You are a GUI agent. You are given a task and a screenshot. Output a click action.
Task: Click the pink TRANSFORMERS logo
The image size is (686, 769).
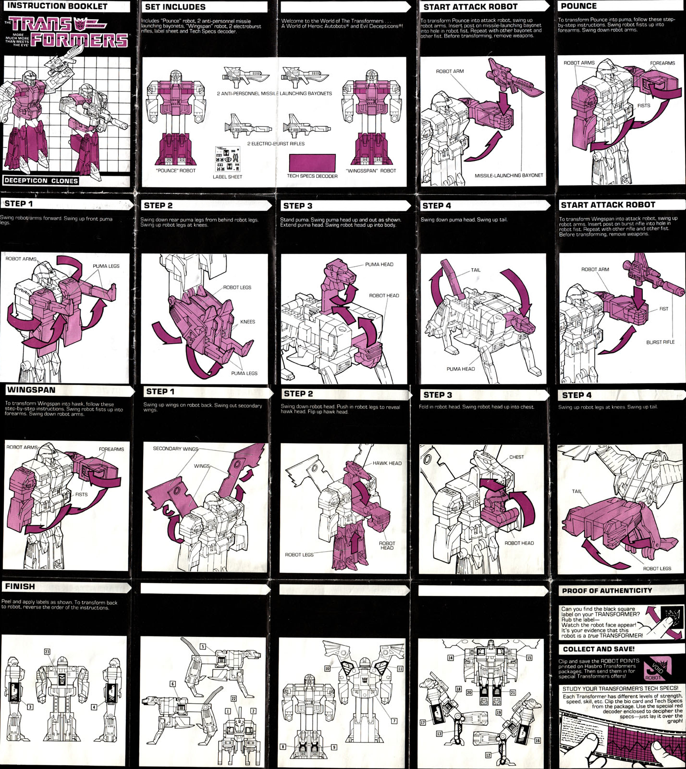(70, 33)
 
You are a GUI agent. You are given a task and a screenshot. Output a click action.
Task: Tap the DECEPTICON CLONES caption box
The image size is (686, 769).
(41, 181)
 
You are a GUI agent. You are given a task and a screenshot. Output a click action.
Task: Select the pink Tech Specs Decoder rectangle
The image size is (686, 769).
(312, 162)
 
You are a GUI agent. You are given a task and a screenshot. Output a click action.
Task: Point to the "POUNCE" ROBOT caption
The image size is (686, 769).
(176, 171)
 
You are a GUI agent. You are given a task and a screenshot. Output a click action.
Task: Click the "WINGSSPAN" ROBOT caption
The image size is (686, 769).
(371, 171)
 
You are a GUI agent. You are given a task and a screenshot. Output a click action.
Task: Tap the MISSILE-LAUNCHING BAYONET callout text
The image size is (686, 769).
(509, 175)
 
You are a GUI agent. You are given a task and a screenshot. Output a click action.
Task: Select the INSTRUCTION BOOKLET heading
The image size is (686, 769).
(57, 6)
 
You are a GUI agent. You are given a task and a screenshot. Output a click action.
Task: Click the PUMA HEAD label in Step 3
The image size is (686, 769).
(379, 264)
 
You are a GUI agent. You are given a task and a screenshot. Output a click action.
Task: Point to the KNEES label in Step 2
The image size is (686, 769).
(247, 322)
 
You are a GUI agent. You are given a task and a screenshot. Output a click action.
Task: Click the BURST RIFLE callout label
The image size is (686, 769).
(660, 342)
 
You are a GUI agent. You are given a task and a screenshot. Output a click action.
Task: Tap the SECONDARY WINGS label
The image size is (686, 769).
(175, 448)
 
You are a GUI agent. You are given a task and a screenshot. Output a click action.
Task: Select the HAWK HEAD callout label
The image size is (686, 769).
(387, 463)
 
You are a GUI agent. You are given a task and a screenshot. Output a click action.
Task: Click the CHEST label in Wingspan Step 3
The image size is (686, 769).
(516, 457)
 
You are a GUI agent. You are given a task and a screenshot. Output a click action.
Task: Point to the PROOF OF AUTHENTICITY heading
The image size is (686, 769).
(607, 590)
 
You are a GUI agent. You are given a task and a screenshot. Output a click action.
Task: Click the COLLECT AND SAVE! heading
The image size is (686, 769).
(599, 649)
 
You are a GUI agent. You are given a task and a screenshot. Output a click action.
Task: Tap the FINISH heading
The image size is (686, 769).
(20, 586)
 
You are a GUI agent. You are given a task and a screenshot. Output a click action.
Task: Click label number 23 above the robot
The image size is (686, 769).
(47, 652)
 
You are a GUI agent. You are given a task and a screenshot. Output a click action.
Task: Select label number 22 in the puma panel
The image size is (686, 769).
(233, 698)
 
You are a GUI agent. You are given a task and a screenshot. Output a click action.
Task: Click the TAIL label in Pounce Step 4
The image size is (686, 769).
(476, 270)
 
